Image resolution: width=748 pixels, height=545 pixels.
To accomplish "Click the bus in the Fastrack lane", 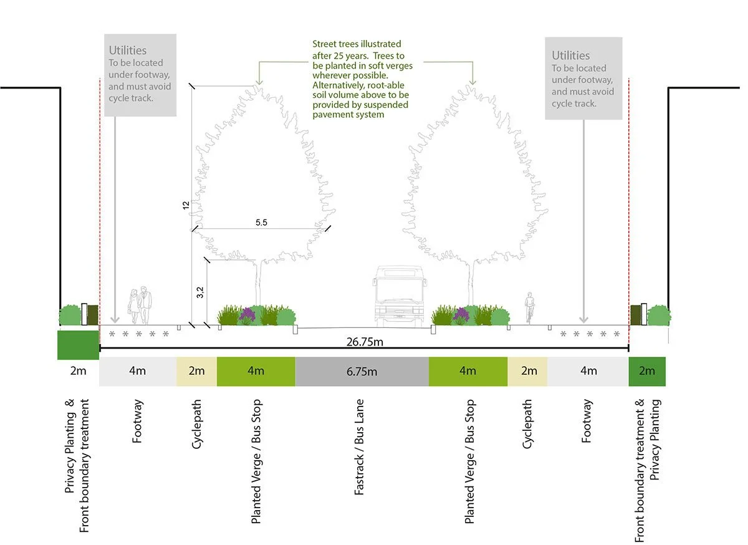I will [x=399, y=297].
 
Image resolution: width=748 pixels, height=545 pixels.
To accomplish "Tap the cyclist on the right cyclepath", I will [x=530, y=308].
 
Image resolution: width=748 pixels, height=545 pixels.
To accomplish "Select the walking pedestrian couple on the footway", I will [x=140, y=306].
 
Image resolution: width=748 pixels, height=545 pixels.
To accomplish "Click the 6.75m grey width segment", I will [x=362, y=372].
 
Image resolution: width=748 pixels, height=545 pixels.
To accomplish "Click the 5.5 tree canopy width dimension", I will [x=261, y=223].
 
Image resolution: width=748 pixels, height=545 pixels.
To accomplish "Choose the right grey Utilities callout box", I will [x=583, y=79].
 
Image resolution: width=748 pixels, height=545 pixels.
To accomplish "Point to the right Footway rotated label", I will [x=587, y=422].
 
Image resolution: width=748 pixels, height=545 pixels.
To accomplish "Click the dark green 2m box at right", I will [x=647, y=371].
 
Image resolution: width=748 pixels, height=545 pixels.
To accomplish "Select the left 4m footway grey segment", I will [x=138, y=371].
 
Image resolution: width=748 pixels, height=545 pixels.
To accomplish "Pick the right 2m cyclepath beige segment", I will [x=529, y=371].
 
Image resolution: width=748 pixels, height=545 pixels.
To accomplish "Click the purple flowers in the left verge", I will [x=247, y=314].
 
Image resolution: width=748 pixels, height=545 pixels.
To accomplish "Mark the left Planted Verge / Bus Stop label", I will [x=256, y=461].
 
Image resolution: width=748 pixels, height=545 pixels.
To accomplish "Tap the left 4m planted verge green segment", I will [x=256, y=371].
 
